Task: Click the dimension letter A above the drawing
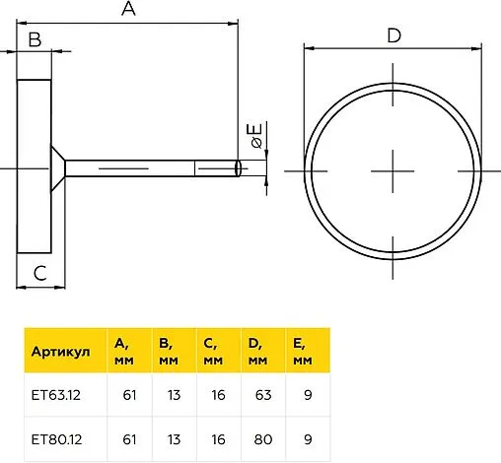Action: [128, 8]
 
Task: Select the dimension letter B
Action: [35, 39]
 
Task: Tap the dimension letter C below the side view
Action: [40, 273]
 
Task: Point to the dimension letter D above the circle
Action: [394, 35]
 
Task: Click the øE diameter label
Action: [256, 135]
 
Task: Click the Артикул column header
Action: [60, 352]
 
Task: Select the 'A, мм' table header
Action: [124, 352]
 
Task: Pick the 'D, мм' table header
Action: [257, 352]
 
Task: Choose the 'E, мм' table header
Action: [303, 352]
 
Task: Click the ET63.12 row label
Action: [56, 395]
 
